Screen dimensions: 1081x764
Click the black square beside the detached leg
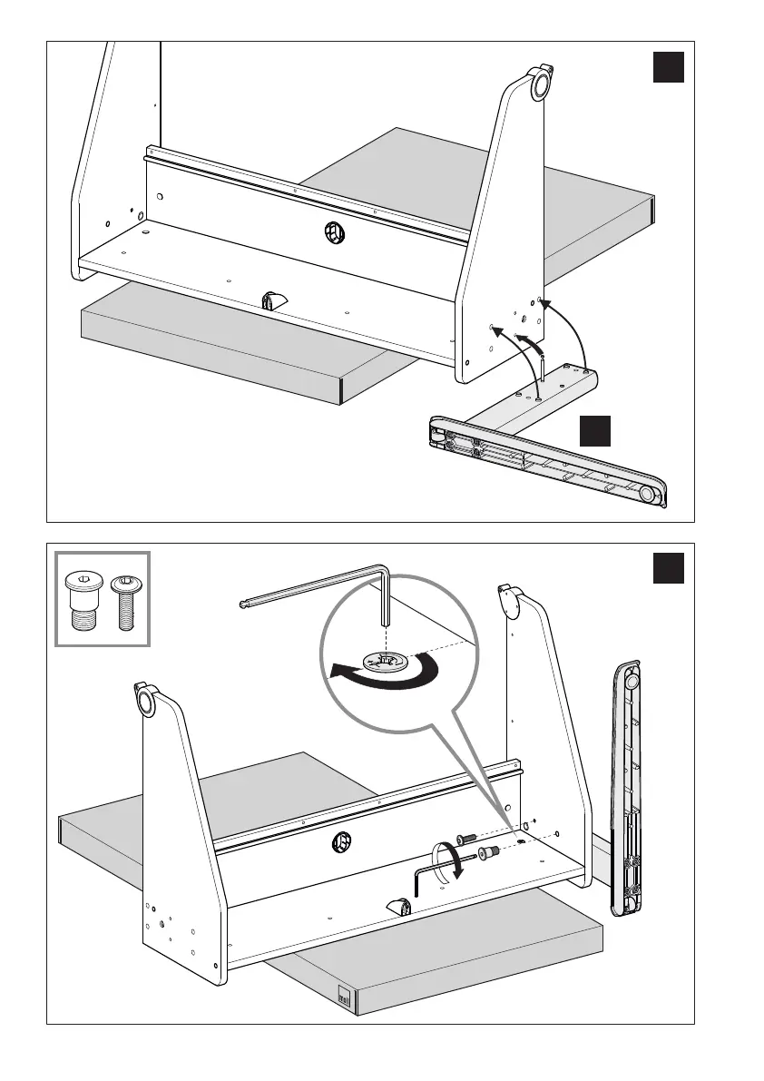(595, 431)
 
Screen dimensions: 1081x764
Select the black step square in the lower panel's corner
(668, 569)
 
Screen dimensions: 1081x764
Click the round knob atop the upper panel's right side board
(541, 84)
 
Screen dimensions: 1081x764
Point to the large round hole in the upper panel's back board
(334, 232)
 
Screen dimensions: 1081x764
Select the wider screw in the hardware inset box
(83, 602)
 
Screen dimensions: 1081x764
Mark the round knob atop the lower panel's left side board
(144, 702)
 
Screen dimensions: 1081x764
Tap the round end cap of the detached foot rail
(650, 494)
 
